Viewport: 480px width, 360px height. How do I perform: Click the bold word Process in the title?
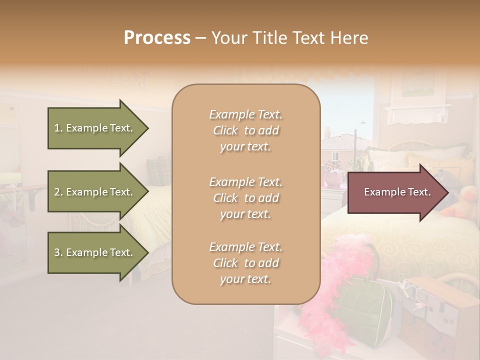[x=157, y=38]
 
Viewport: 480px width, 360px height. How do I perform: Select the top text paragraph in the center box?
[x=245, y=130]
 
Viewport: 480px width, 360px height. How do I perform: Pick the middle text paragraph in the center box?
[x=245, y=197]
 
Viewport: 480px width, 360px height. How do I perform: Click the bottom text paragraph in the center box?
[x=245, y=263]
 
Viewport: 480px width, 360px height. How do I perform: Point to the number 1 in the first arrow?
[x=57, y=128]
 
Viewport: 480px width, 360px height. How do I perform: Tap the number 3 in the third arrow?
[x=57, y=252]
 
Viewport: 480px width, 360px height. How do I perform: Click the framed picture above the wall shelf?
[x=418, y=82]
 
